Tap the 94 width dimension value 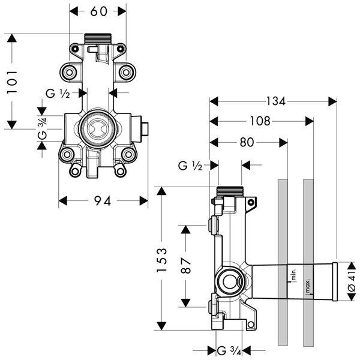tap(103, 201)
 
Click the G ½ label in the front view tap(58, 93)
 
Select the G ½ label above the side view tap(190, 164)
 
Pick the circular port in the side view tap(229, 280)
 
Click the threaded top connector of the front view tap(98, 39)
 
